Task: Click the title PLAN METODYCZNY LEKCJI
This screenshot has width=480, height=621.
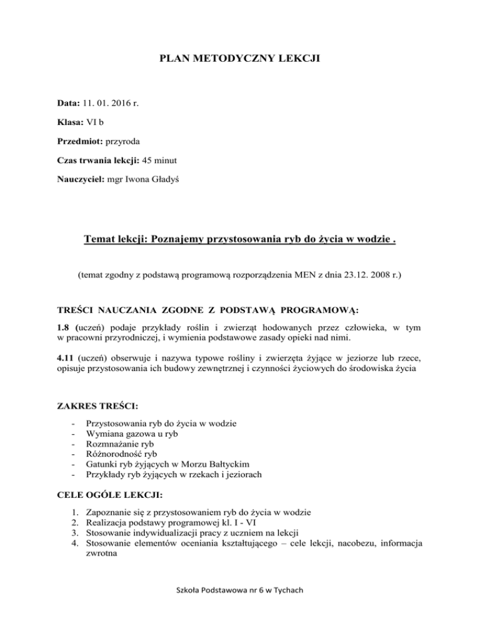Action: [x=240, y=61]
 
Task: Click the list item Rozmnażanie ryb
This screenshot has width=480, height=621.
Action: [x=119, y=445]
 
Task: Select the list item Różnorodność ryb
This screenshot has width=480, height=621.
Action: [x=121, y=455]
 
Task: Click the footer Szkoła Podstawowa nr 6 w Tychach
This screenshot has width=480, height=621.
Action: [x=240, y=601]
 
